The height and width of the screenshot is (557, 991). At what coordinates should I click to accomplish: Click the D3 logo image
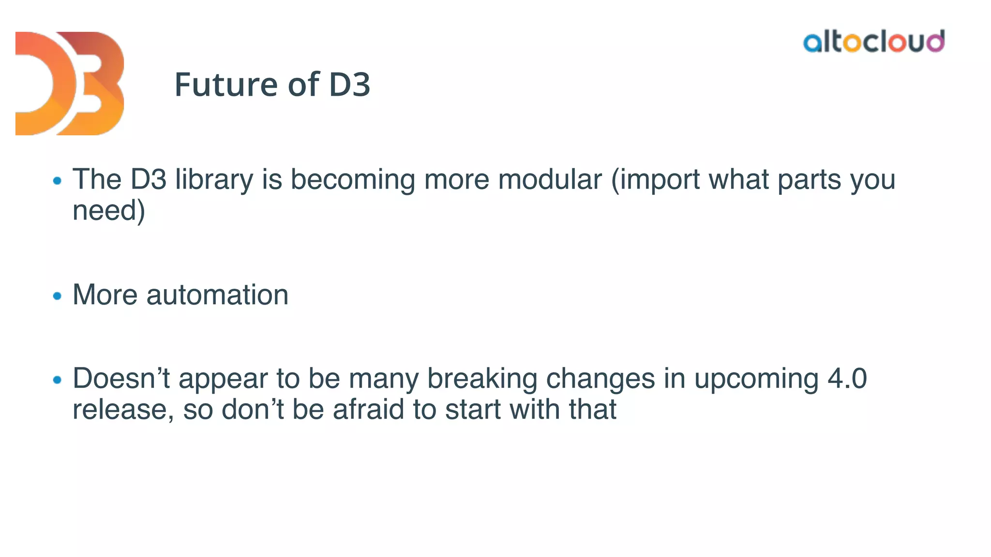70,83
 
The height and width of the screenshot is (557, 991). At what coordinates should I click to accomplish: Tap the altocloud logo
873,42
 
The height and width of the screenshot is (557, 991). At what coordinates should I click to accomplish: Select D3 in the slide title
349,85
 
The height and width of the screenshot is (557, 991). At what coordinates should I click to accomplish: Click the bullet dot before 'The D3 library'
58,181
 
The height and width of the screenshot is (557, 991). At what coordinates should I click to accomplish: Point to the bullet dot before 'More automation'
58,295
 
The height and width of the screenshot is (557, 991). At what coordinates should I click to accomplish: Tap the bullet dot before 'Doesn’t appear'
58,380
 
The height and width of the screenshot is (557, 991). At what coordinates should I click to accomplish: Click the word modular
550,180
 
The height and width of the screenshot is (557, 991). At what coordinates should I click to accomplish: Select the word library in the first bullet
214,180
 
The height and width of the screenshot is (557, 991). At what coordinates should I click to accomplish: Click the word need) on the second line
108,211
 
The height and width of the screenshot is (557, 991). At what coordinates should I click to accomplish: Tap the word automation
217,295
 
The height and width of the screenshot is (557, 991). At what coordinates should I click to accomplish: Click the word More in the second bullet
105,295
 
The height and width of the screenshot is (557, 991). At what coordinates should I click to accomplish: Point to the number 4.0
847,379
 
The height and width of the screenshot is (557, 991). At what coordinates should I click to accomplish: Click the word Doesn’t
121,379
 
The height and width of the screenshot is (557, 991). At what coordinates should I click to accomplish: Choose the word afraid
368,410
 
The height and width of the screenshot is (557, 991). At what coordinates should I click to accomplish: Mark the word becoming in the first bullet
352,180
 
